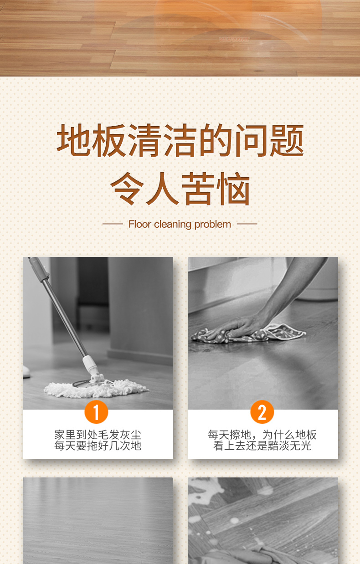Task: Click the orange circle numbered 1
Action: [x=96, y=412]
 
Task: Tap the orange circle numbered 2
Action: [x=262, y=412]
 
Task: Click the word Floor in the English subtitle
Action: [x=140, y=224]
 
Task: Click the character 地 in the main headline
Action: [x=73, y=140]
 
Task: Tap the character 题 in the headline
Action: [x=287, y=140]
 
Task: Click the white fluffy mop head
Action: [x=96, y=389]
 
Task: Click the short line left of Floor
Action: [x=113, y=224]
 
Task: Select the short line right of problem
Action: [x=247, y=224]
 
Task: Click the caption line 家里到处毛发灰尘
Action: [x=98, y=435]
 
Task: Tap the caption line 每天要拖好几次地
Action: [x=98, y=446]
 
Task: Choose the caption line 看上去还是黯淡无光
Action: [x=262, y=446]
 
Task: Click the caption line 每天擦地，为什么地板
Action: [x=262, y=435]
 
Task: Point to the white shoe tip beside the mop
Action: [x=26, y=372]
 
